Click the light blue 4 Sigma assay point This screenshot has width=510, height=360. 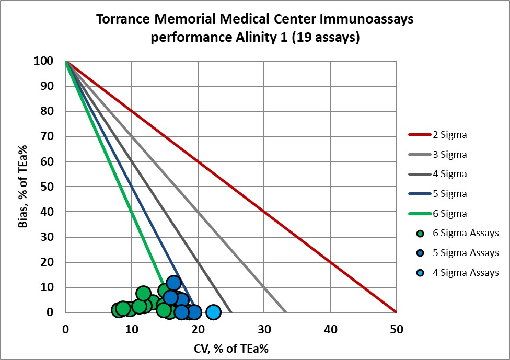213,312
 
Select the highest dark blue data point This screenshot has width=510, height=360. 173,283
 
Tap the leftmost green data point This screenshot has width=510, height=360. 119,310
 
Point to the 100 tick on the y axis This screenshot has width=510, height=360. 45,61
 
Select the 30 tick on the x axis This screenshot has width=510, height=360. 264,330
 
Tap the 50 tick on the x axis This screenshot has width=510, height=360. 396,330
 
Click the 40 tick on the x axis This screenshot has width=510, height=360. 330,330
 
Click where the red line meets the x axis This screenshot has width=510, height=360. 396,312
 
